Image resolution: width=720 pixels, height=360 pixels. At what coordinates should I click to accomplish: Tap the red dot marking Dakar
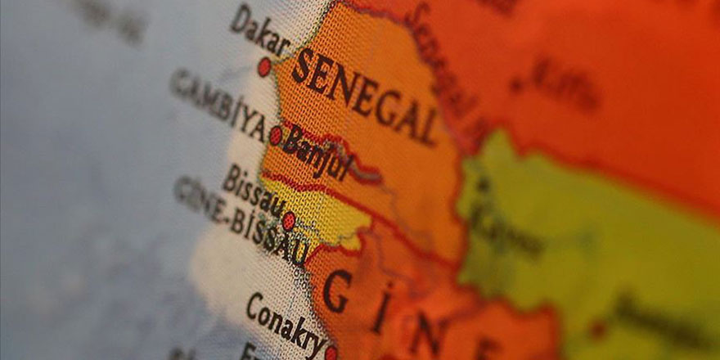pos(264,66)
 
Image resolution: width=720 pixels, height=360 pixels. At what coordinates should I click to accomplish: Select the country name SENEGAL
pos(365,96)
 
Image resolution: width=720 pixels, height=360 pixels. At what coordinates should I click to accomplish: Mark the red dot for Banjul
pos(276,135)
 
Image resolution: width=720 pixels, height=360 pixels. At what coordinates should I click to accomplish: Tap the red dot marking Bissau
pos(289,220)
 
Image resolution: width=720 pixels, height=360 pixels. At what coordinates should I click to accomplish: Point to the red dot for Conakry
pos(331,353)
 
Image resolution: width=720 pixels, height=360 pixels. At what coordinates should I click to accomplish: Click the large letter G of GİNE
pos(337,291)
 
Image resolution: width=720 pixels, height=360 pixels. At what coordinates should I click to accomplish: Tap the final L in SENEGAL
pos(426,128)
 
